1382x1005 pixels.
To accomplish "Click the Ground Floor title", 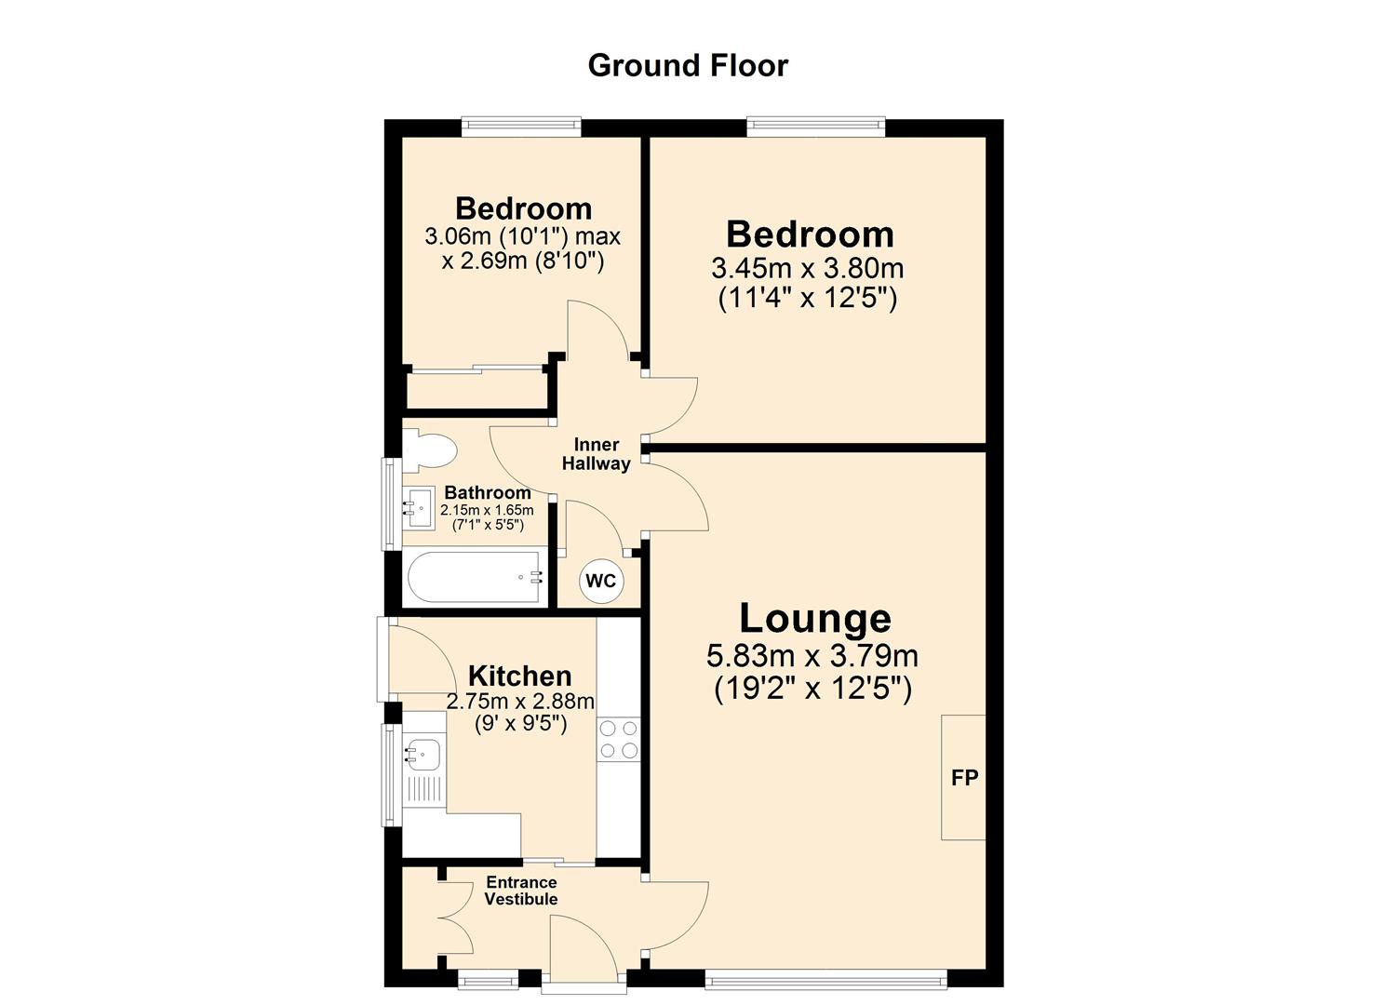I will pyautogui.click(x=688, y=65).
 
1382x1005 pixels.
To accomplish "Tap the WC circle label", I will pyautogui.click(x=600, y=582).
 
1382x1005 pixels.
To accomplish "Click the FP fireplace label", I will pyautogui.click(x=964, y=777).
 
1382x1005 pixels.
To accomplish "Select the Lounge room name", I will pyautogui.click(x=814, y=619).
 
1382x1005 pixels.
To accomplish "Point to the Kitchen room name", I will pyautogui.click(x=519, y=676).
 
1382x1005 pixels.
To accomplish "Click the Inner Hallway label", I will pyautogui.click(x=597, y=454).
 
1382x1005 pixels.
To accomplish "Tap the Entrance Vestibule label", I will pyautogui.click(x=521, y=891).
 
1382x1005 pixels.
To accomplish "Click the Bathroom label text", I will pyautogui.click(x=488, y=492).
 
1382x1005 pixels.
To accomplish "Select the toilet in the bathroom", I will pyautogui.click(x=431, y=450).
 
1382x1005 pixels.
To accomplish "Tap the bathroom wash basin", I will pyautogui.click(x=419, y=508).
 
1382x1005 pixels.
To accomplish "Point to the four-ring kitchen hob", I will pyautogui.click(x=619, y=740).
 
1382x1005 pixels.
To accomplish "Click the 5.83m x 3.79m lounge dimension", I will pyautogui.click(x=812, y=656).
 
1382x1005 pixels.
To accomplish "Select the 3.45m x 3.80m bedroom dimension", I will pyautogui.click(x=808, y=269).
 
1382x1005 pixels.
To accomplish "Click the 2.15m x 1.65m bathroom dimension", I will pyautogui.click(x=487, y=510).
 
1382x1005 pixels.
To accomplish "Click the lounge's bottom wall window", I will pyautogui.click(x=825, y=978).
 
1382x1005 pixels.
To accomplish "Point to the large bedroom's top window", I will pyautogui.click(x=815, y=127).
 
